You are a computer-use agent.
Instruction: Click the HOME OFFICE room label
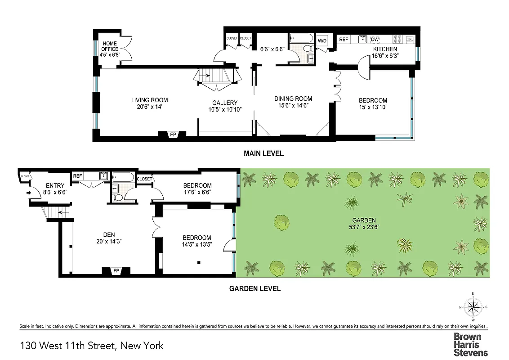click(x=110, y=46)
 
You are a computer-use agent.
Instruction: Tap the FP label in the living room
click(x=173, y=135)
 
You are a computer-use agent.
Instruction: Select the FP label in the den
click(x=116, y=270)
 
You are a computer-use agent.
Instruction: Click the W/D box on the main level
click(x=322, y=41)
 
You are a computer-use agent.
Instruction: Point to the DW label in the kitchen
click(x=375, y=40)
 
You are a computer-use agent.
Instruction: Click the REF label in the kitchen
click(x=344, y=40)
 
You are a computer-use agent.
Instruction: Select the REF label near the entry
click(x=78, y=176)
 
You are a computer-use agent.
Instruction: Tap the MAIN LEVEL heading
click(x=263, y=153)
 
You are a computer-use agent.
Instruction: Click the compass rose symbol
click(x=473, y=307)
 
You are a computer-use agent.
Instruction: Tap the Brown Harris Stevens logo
click(x=470, y=344)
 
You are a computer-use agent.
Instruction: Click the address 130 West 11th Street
click(x=92, y=346)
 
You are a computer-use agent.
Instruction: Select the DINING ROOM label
click(x=293, y=99)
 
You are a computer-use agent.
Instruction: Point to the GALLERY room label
click(x=225, y=103)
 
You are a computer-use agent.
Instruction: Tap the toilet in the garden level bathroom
click(x=119, y=198)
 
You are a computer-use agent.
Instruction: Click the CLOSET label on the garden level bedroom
click(x=144, y=179)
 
